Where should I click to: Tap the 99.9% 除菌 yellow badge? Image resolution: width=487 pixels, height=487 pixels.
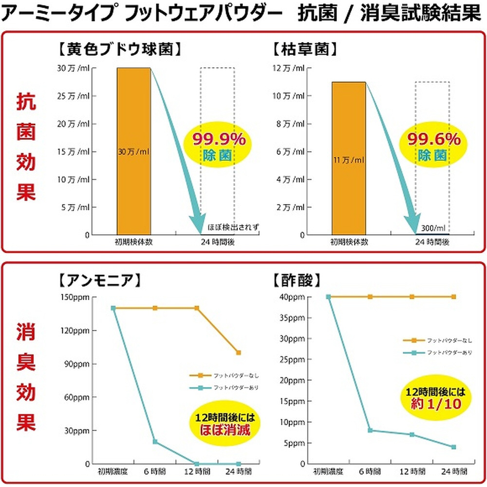click(x=219, y=147)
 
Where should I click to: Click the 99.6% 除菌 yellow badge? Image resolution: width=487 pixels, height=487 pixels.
click(x=430, y=147)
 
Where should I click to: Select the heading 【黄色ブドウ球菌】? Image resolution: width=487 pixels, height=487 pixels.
click(x=119, y=49)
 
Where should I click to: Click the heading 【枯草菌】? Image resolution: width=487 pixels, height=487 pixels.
click(x=306, y=49)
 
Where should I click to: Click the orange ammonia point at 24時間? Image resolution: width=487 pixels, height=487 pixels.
click(x=238, y=352)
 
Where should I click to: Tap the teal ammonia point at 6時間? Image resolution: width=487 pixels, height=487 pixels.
click(x=155, y=442)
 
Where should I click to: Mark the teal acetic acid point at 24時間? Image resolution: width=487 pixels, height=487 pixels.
click(x=453, y=447)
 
